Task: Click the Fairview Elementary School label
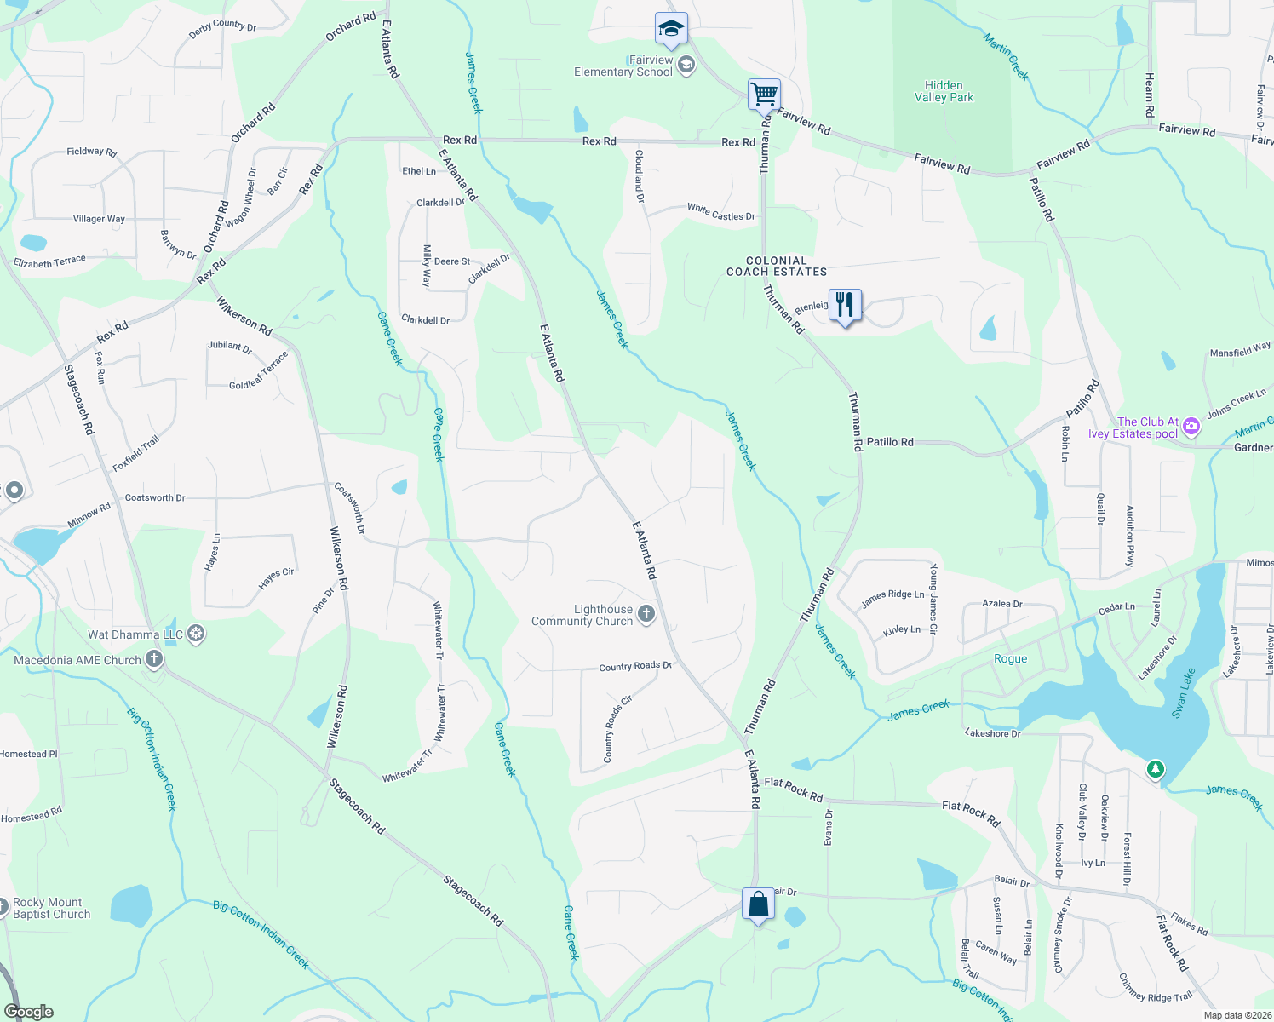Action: [623, 66]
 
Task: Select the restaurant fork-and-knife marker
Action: [844, 305]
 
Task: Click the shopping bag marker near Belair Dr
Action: [758, 904]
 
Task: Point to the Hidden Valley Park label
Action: [944, 91]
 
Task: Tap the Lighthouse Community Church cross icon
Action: [646, 614]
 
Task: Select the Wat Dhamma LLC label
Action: [135, 634]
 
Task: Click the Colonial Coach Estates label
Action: [777, 267]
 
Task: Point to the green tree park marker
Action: [1155, 769]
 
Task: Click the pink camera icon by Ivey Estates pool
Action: [1191, 427]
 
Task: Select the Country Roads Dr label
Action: [635, 666]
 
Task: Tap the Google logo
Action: [29, 1011]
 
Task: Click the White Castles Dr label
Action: [721, 212]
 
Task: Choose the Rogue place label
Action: [1011, 659]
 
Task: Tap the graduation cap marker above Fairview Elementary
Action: [671, 29]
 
